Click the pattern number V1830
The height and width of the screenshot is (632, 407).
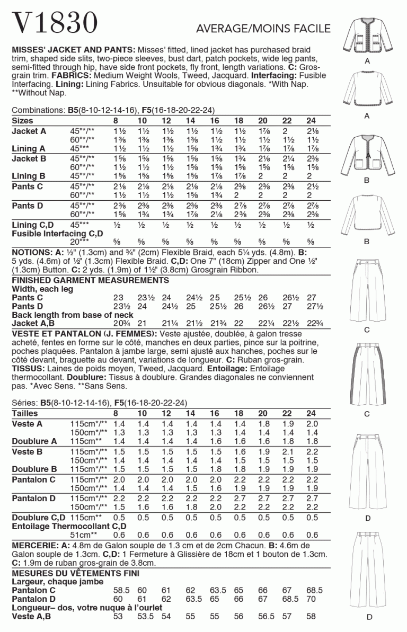pos(55,23)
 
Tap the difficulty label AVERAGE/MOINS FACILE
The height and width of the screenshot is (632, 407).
pos(263,29)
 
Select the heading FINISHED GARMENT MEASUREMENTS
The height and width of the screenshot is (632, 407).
pos(90,280)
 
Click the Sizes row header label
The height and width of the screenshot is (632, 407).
pos(24,121)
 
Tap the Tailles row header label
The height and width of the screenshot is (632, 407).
pos(25,413)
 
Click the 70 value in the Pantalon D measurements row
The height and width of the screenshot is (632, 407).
pos(311,599)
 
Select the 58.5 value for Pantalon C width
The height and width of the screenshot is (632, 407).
pos(122,590)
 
